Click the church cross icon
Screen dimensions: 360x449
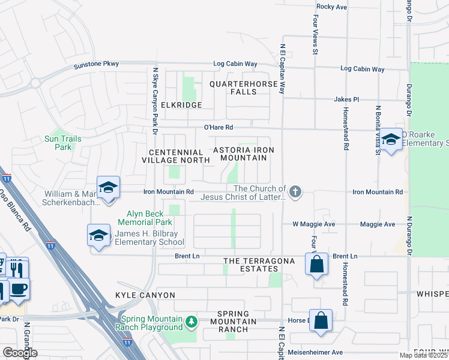pos(294,192)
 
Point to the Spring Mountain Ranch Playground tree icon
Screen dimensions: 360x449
pos(191,323)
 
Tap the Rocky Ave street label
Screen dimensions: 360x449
pos(332,7)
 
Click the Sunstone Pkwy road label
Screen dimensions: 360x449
pos(96,64)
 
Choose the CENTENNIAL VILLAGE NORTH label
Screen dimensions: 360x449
pos(175,156)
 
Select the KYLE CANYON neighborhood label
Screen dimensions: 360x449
pos(145,295)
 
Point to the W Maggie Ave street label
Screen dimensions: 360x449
pos(313,224)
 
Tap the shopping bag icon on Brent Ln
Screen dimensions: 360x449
pos(316,263)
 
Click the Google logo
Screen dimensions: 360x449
pos(20,352)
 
